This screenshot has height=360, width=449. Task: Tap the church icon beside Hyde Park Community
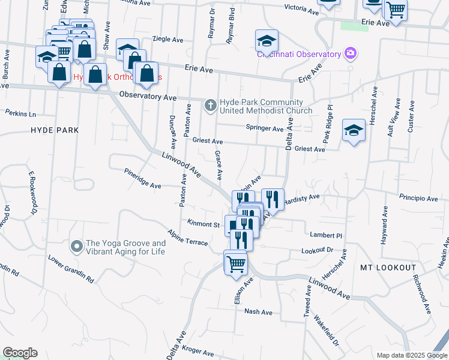pos(210,106)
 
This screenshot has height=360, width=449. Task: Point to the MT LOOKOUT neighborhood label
pos(388,267)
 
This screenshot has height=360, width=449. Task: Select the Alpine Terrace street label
pos(188,238)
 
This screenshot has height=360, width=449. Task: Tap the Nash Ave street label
pos(259,312)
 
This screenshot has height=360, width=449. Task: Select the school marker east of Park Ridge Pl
pos(354,130)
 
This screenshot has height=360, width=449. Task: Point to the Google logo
pos(19,353)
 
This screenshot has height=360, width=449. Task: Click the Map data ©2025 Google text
pos(411,355)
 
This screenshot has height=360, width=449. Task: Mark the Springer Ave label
pos(265,128)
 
